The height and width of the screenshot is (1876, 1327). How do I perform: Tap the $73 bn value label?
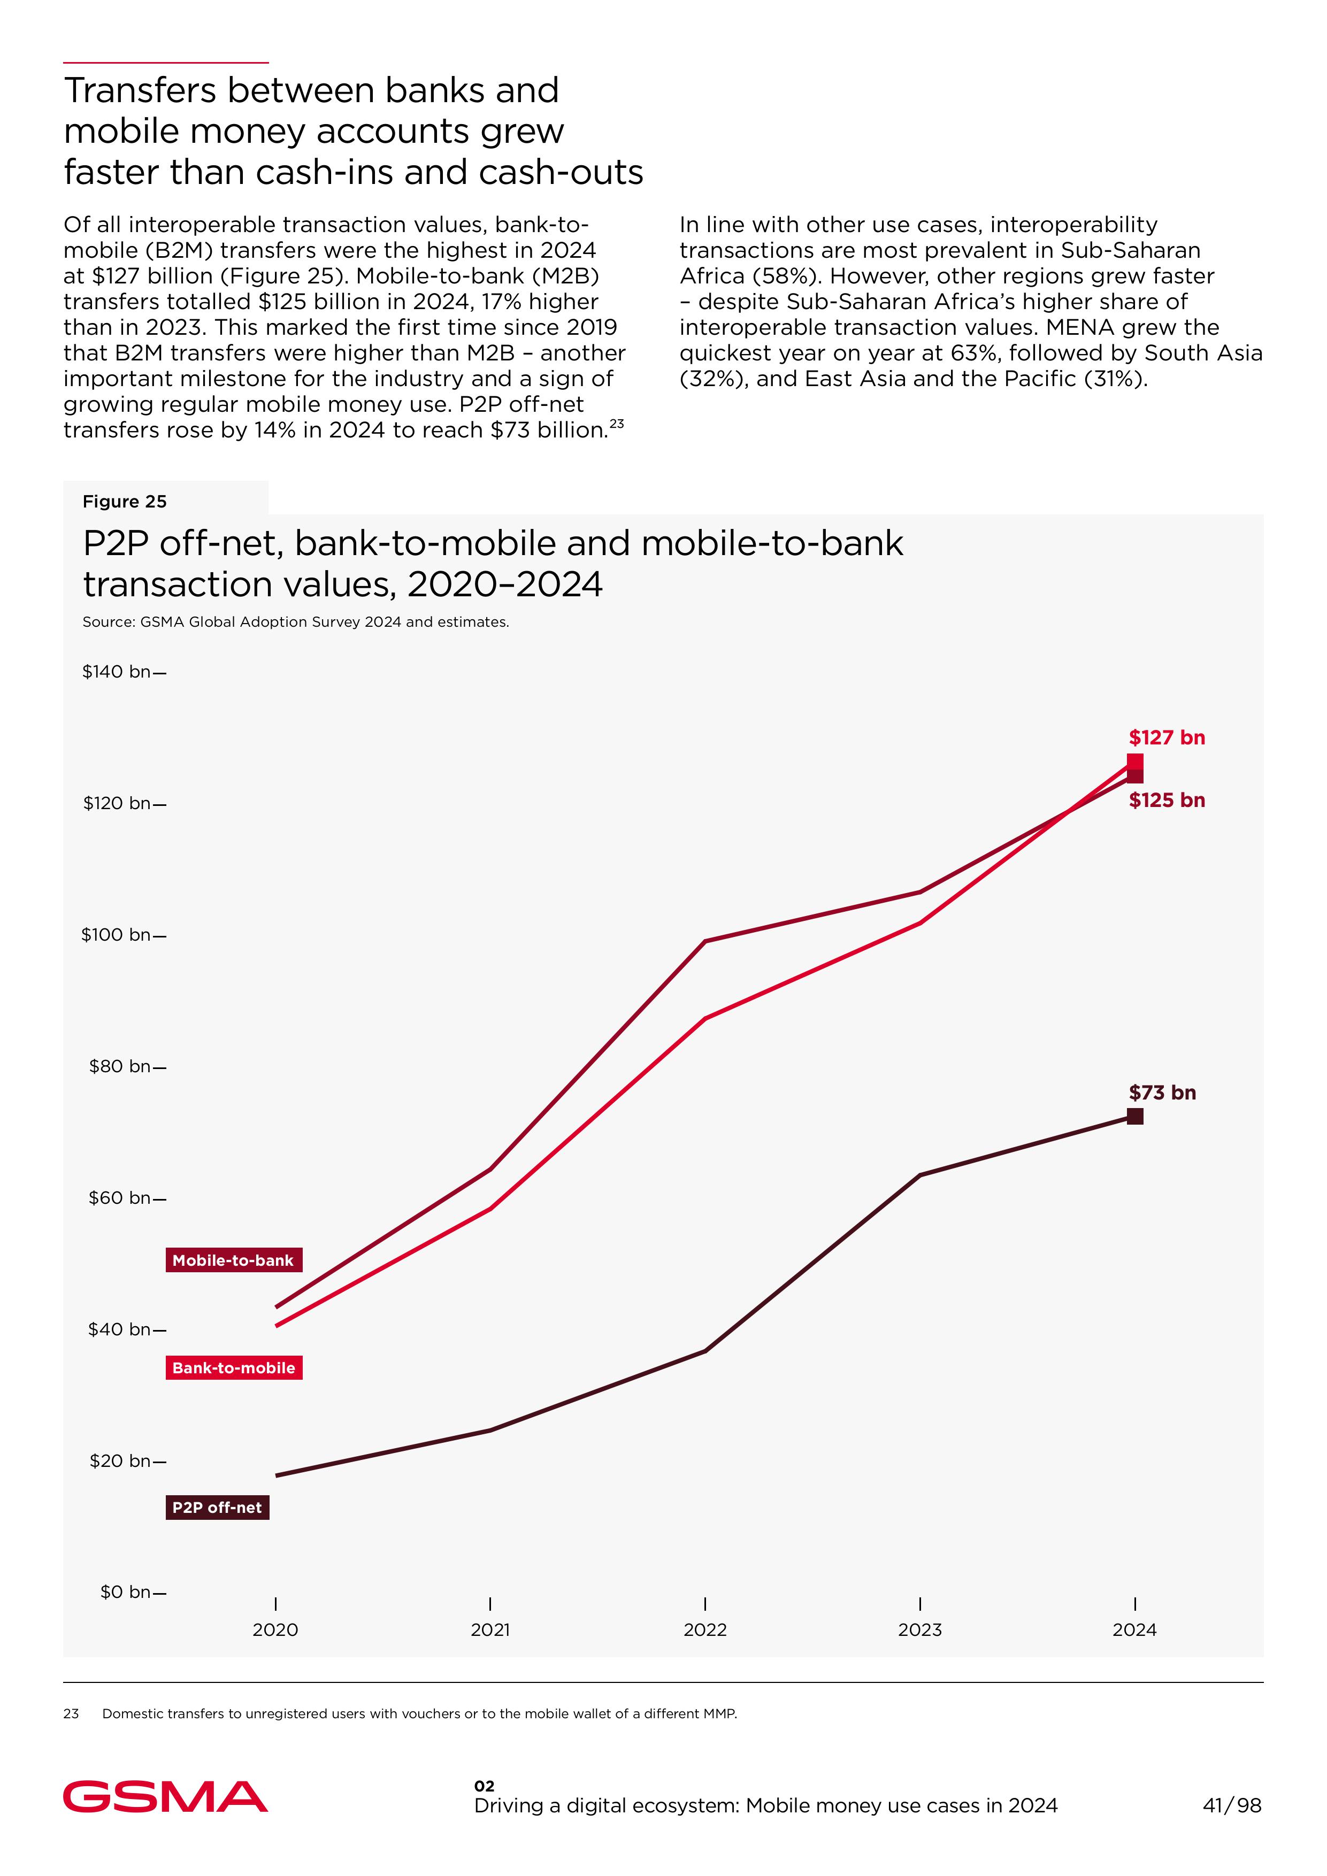pos(1162,1093)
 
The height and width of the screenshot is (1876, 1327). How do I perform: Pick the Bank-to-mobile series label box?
pos(234,1368)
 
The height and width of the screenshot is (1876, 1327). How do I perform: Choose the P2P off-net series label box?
pos(217,1508)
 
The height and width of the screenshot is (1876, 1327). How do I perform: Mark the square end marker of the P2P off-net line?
pos(1135,1116)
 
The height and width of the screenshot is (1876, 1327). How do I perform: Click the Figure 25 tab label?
pos(124,502)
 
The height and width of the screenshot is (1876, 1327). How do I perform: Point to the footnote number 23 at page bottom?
pos(71,1713)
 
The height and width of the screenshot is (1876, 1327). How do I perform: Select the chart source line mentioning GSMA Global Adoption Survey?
pos(296,622)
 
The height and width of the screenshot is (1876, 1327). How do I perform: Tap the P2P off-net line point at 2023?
pos(920,1175)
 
